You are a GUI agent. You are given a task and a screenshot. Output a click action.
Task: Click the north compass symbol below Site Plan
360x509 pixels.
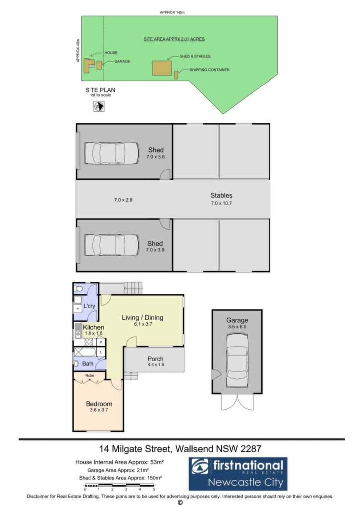point(99,106)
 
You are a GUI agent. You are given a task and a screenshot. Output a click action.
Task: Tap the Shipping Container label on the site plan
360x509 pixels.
point(209,70)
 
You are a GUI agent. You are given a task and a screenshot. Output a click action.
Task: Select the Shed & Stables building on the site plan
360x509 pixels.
point(162,68)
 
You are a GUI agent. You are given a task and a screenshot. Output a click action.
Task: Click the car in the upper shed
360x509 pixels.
point(105,153)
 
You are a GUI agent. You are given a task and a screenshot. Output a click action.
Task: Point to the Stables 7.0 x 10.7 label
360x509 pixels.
point(221,199)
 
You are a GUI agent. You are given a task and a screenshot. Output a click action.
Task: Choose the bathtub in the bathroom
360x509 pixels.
point(85,352)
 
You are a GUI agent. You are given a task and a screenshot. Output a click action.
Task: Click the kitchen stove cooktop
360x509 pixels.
point(89,342)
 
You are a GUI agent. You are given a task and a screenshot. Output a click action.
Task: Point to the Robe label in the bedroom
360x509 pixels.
point(90,376)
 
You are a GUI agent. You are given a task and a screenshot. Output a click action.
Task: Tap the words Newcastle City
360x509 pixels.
point(246,482)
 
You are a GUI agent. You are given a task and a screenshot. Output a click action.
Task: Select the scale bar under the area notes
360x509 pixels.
point(119,487)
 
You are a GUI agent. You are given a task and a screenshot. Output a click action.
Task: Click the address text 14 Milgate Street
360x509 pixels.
point(135,449)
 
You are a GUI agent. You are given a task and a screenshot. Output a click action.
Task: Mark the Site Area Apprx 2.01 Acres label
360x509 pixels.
point(175,39)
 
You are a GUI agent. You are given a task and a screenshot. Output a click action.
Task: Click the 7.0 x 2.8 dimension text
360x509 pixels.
point(123,200)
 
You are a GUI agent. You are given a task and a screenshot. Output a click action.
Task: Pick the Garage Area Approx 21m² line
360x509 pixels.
point(118,470)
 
